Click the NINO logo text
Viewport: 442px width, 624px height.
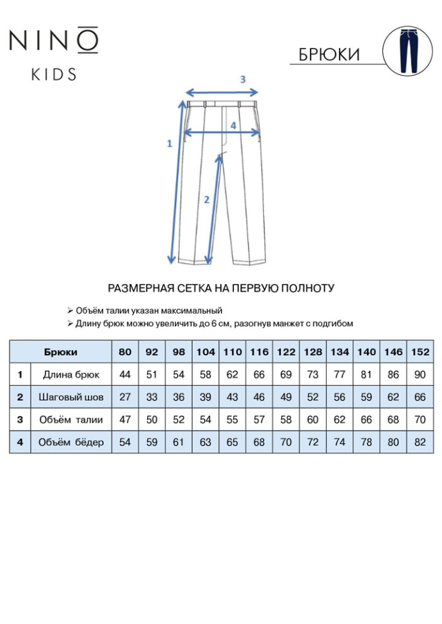tap(54, 40)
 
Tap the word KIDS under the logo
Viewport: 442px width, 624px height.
tap(54, 74)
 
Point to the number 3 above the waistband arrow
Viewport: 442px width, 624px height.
tap(243, 79)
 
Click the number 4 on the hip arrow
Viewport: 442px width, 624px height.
tap(233, 125)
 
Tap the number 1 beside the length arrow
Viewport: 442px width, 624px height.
tap(169, 143)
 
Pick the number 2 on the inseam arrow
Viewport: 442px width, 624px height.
tap(206, 199)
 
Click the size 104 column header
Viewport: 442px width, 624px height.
tap(206, 352)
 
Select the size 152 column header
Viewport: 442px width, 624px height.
tap(420, 352)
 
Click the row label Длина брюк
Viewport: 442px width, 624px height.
tap(70, 374)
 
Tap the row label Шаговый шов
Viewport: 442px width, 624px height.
tap(70, 397)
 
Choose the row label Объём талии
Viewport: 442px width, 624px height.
tap(70, 420)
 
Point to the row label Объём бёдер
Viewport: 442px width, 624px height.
tap(70, 442)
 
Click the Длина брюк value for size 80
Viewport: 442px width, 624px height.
tap(125, 374)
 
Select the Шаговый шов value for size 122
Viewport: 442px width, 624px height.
tap(286, 397)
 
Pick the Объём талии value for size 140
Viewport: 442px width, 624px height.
tap(366, 420)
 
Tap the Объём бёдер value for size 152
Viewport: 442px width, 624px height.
tap(420, 442)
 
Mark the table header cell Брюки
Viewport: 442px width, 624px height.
tap(61, 352)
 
